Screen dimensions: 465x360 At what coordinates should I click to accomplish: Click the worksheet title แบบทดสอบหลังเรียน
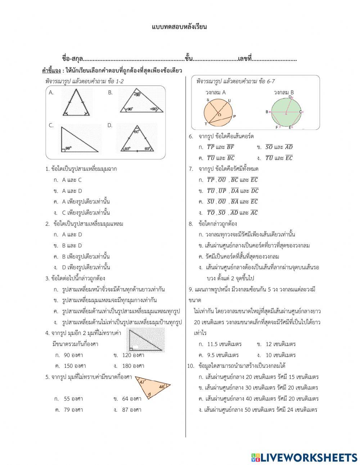pyautogui.click(x=179, y=27)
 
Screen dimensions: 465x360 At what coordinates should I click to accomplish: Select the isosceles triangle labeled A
pyautogui.click(x=76, y=103)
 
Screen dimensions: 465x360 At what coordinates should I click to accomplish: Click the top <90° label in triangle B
pyautogui.click(x=137, y=95)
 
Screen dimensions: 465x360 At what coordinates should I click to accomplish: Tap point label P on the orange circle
pyautogui.click(x=234, y=116)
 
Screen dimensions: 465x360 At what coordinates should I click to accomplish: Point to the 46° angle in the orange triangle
pyautogui.click(x=162, y=386)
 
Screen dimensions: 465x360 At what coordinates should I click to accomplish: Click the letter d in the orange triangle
pyautogui.click(x=149, y=394)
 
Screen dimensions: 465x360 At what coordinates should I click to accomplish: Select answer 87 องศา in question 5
pyautogui.click(x=131, y=410)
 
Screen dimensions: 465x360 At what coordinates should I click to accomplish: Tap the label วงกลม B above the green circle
pyautogui.click(x=284, y=93)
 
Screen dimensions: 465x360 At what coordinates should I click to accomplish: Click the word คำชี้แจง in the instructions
pyautogui.click(x=51, y=70)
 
